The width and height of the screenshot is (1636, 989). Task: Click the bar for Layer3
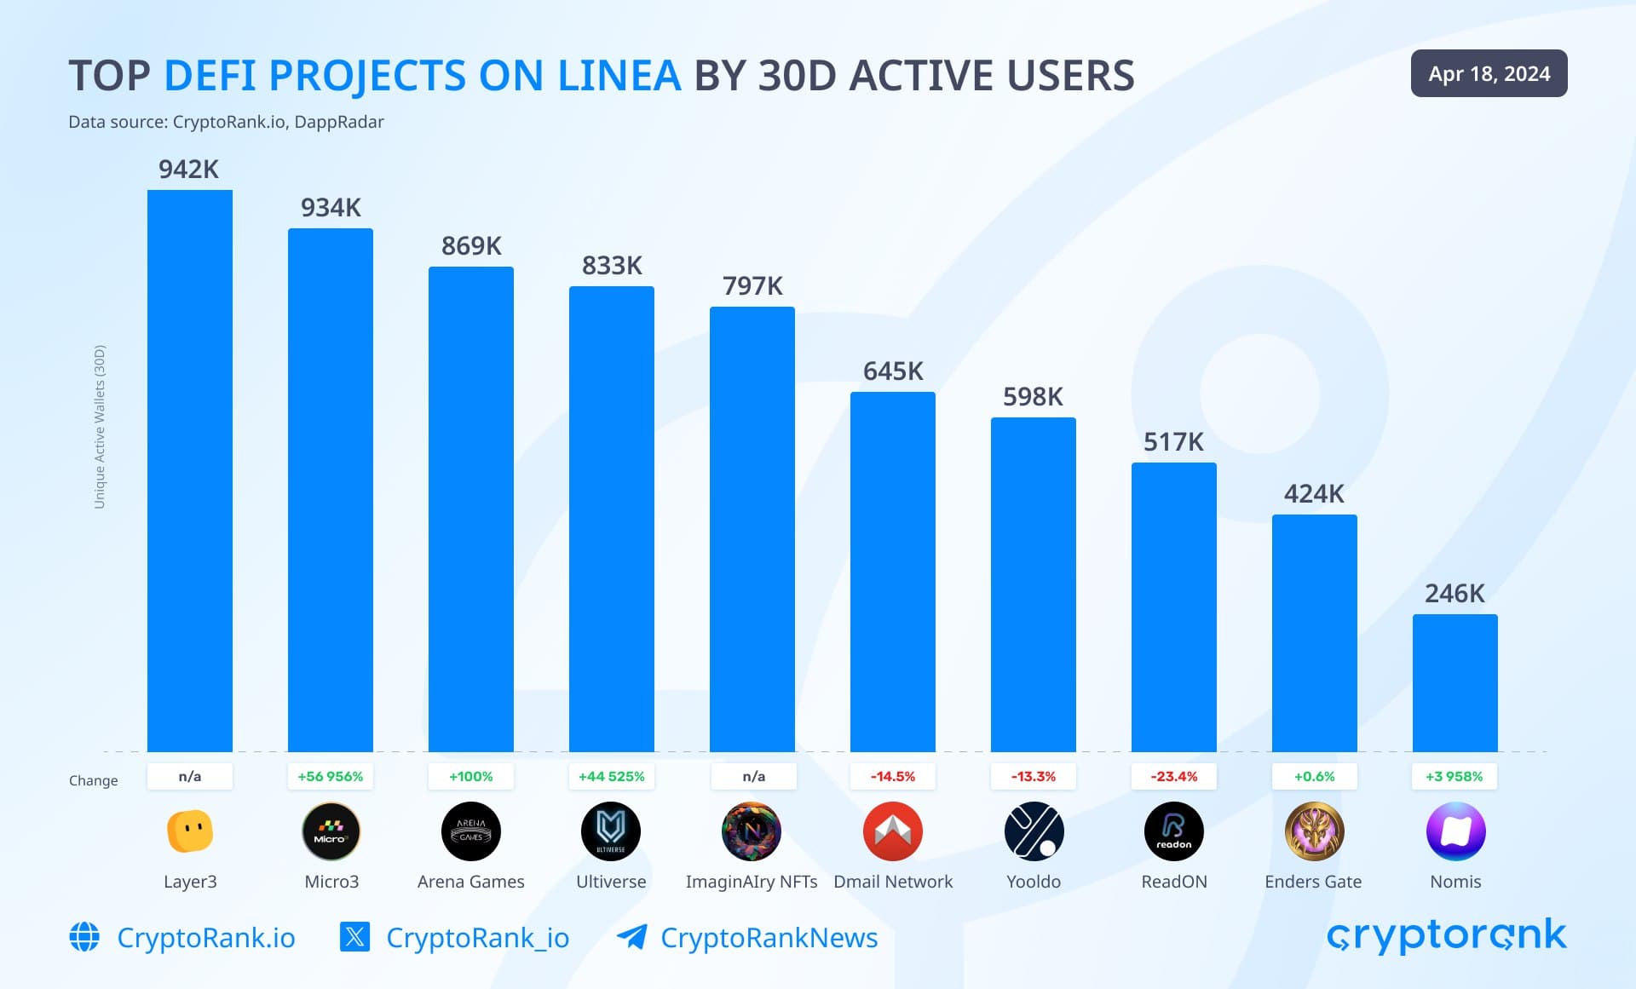[x=190, y=470]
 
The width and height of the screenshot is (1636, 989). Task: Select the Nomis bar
[x=1455, y=682]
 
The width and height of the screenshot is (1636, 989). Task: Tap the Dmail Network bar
[x=892, y=572]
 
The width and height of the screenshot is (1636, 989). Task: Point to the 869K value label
[x=471, y=246]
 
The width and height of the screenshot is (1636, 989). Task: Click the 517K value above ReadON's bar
[x=1173, y=442]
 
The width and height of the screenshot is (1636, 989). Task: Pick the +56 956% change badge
[x=331, y=777]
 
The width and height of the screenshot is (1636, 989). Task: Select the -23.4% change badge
[x=1173, y=777]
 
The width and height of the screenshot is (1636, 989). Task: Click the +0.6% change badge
[x=1314, y=777]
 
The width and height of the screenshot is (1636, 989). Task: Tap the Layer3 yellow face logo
[x=190, y=831]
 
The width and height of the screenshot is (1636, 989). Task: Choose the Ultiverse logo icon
[x=611, y=831]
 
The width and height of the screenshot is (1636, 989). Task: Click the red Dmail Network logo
[x=892, y=831]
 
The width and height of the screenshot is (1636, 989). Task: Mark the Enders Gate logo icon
[x=1314, y=831]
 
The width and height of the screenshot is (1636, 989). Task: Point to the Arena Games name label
[x=471, y=882]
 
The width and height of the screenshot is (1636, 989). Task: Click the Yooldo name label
[x=1034, y=882]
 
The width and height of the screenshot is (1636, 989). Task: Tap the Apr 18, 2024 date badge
[x=1489, y=74]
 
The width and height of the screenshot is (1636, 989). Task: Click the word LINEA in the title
[x=619, y=76]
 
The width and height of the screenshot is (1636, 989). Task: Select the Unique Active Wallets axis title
[x=100, y=427]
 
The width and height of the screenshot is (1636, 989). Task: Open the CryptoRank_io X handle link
[x=477, y=938]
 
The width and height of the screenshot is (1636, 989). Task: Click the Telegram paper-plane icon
[x=631, y=937]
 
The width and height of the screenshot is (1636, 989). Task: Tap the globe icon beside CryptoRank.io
[x=84, y=937]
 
